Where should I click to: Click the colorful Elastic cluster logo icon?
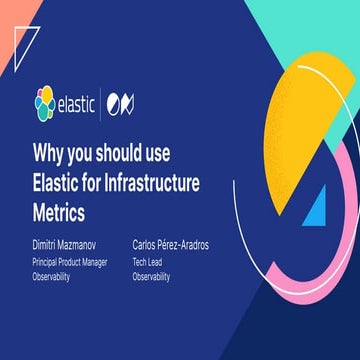tap(45, 101)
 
